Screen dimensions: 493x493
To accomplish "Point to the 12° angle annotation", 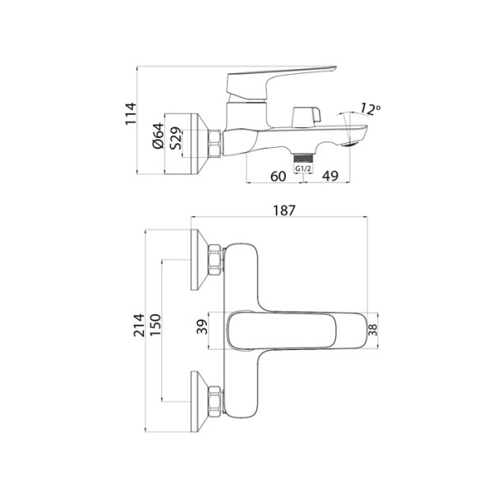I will pyautogui.click(x=371, y=108).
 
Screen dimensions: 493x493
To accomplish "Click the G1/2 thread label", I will pyautogui.click(x=303, y=168).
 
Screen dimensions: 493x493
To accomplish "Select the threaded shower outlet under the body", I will pyautogui.click(x=303, y=155).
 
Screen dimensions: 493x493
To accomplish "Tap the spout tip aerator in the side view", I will pyautogui.click(x=357, y=140).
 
